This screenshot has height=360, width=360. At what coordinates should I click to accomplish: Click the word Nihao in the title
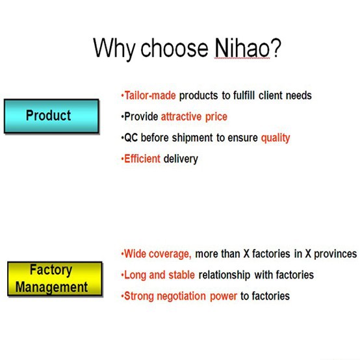tap(242, 47)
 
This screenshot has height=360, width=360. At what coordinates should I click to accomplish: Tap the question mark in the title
tap(276, 47)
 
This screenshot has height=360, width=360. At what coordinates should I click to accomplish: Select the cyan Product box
tap(51, 116)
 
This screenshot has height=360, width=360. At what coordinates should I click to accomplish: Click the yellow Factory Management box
tap(55, 279)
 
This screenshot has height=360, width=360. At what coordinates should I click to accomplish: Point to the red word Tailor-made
tap(150, 96)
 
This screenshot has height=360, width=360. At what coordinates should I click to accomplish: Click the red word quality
tap(276, 138)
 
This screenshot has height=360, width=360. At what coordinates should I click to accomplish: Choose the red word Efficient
tap(142, 159)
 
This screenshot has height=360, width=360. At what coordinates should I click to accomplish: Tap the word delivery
tap(181, 159)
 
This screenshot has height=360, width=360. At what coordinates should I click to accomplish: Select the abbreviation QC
tap(131, 138)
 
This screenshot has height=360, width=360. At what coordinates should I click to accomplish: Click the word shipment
tap(192, 138)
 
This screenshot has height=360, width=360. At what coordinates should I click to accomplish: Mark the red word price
tap(216, 117)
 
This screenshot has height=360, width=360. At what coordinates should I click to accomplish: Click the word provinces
tap(335, 254)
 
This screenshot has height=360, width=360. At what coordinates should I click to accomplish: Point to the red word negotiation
tap(181, 296)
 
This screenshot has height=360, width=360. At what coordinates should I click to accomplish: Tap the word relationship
tap(224, 275)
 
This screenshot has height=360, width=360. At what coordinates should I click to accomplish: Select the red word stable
tap(181, 275)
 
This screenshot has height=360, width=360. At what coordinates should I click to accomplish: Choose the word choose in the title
tap(174, 48)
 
